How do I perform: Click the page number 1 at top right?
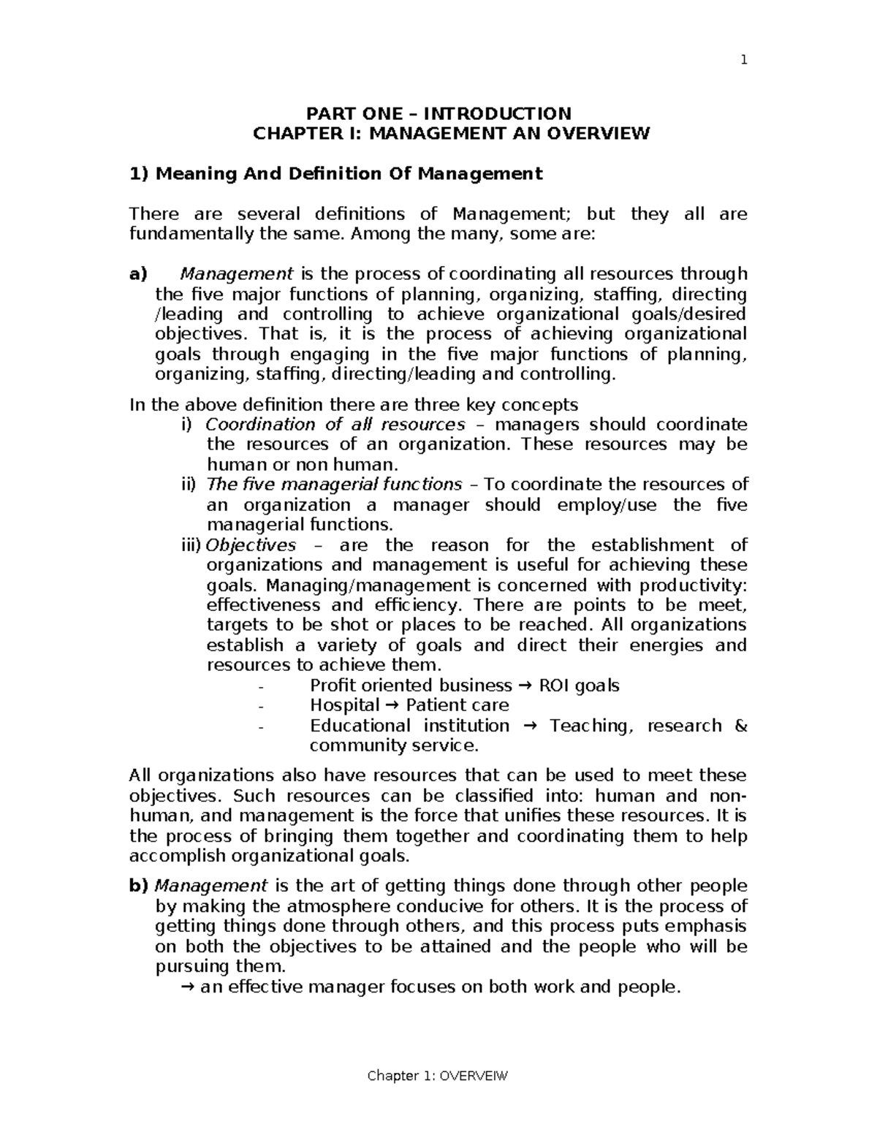pyautogui.click(x=743, y=61)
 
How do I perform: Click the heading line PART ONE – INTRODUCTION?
pyautogui.click(x=438, y=113)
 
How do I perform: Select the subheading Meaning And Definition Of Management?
pyautogui.click(x=335, y=173)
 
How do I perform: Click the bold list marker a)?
pyautogui.click(x=138, y=274)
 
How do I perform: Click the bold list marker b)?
pyautogui.click(x=138, y=886)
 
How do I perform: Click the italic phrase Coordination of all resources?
pyautogui.click(x=335, y=425)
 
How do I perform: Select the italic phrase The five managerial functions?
pyautogui.click(x=334, y=485)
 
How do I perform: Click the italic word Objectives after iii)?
pyautogui.click(x=251, y=545)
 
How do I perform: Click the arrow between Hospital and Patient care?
pyautogui.click(x=392, y=705)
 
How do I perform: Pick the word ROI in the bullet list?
pyautogui.click(x=554, y=686)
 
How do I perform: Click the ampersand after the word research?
pyautogui.click(x=740, y=726)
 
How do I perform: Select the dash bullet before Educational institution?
pyautogui.click(x=262, y=726)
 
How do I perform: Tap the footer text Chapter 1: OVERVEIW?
pyautogui.click(x=438, y=1076)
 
